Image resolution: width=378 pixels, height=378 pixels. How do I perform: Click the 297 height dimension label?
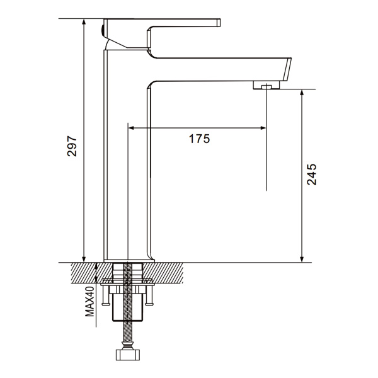point(72,146)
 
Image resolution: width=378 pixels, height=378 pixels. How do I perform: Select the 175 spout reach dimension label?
point(199,139)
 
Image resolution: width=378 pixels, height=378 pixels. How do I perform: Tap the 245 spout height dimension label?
point(311,175)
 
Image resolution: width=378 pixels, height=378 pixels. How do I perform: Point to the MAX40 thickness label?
point(89,301)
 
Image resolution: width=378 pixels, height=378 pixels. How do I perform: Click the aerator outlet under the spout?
point(266,85)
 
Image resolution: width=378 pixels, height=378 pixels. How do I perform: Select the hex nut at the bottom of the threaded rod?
point(128,355)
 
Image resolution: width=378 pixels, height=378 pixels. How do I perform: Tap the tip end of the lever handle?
point(219,23)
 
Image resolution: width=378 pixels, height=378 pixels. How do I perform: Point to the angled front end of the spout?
point(287,69)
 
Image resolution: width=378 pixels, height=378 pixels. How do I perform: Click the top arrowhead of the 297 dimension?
point(84,21)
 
